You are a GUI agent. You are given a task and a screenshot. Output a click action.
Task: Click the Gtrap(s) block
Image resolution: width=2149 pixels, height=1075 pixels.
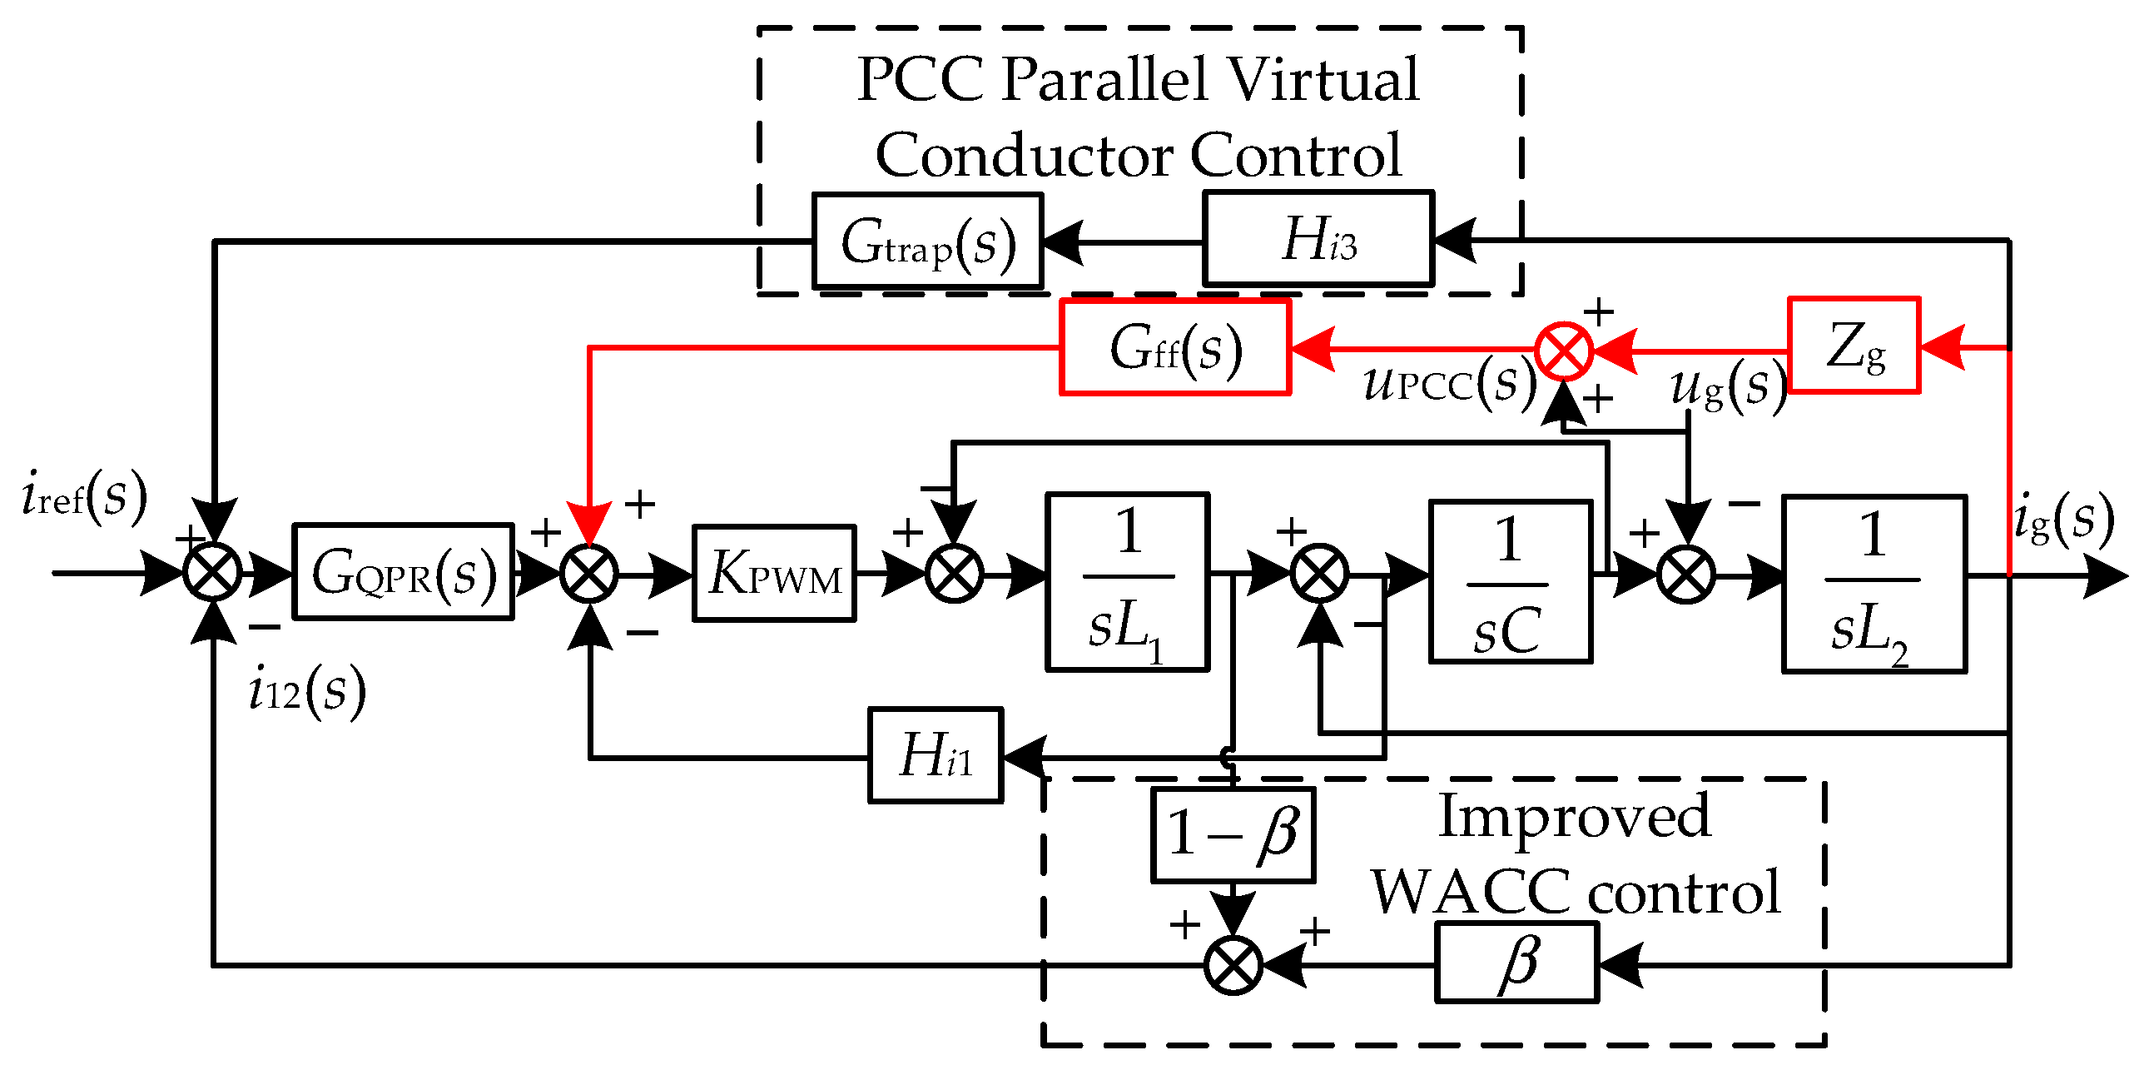coord(928,241)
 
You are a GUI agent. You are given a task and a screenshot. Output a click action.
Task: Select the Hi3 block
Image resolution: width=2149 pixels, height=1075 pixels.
coord(1318,240)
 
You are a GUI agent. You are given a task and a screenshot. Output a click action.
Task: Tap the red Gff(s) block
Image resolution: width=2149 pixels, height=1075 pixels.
coord(1174,347)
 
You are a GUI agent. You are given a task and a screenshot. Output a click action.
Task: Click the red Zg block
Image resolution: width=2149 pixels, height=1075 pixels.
coord(1854,345)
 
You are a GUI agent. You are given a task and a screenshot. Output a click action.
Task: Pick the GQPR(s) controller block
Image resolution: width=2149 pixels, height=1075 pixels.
coord(403,573)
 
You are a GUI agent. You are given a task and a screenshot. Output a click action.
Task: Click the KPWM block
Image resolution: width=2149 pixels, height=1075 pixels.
coord(774,575)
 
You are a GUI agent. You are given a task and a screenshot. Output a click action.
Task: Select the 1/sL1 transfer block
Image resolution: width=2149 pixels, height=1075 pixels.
coord(1127,582)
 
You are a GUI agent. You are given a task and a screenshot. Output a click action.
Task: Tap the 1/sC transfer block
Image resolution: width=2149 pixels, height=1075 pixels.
coord(1510,582)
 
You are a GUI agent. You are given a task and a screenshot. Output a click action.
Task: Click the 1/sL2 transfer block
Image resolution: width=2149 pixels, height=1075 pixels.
coord(1874,584)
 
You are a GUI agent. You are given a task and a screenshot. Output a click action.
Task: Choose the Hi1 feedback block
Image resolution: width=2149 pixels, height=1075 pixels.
coord(936,755)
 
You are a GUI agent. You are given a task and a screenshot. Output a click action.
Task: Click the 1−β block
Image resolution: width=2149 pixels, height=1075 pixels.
coord(1232,834)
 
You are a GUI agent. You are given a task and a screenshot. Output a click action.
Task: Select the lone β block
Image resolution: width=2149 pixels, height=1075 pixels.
coord(1516,963)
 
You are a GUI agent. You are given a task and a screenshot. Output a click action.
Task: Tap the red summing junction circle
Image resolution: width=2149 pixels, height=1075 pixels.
coord(1563,351)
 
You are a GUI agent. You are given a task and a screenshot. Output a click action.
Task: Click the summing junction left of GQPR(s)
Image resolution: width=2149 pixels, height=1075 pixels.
coord(213,574)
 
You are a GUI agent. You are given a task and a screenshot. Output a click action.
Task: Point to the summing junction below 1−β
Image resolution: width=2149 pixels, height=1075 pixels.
coord(1233,965)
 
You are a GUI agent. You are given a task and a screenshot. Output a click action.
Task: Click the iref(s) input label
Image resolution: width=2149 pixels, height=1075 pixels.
coord(84,495)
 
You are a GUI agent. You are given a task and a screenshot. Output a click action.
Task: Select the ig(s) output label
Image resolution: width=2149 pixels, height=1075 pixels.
coord(2064,519)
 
